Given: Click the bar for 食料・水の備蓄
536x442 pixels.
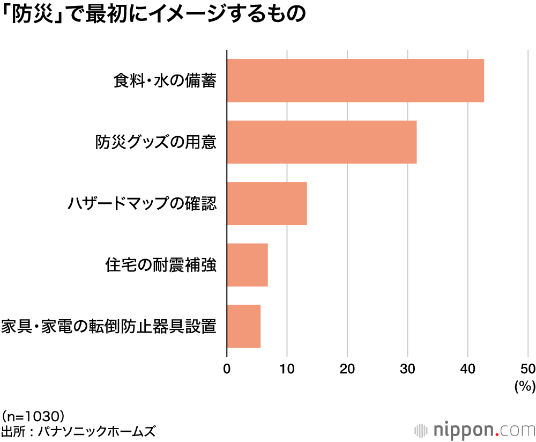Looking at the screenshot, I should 355,80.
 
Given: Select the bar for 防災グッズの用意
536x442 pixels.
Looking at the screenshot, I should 322,142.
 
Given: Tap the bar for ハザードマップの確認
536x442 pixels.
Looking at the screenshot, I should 267,203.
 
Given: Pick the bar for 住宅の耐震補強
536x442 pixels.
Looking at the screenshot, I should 247,265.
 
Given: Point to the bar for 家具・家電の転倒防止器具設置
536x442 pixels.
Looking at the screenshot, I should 244,326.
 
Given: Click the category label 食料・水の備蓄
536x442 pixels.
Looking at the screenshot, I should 165,81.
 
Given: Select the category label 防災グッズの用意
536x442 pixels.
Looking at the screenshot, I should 156,143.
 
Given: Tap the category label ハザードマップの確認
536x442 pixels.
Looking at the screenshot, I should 142,204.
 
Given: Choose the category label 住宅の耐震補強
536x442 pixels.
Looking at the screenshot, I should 161,266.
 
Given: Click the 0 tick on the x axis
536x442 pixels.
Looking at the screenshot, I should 227,369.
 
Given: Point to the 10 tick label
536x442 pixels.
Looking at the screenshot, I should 287,369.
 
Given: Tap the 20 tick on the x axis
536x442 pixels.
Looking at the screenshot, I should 347,369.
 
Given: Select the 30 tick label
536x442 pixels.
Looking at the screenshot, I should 407,369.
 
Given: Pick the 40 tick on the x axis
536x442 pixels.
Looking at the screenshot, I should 468,369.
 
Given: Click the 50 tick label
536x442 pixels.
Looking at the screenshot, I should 527,369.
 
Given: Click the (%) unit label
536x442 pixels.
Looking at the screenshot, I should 525,386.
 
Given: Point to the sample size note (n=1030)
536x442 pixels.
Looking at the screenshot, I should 33,416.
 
